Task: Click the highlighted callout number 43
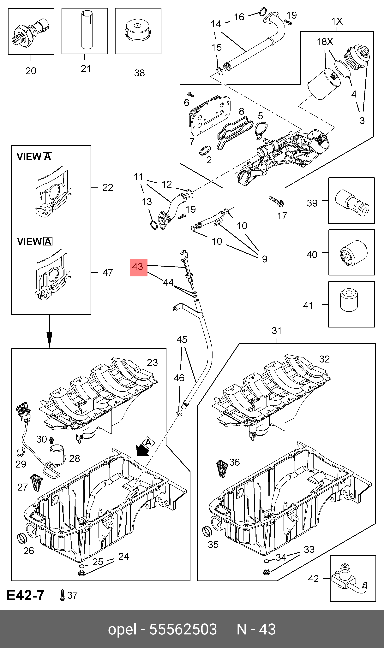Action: pos(138,267)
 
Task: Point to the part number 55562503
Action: pos(183,629)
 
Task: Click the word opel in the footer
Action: pos(122,629)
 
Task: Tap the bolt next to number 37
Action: pos(62,595)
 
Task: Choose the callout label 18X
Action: pos(325,42)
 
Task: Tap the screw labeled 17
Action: pos(276,201)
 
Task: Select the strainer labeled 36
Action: pos(222,468)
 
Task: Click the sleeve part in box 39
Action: pos(352,203)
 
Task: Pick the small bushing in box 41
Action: pos(349,300)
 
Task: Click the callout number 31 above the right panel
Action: pos(276,331)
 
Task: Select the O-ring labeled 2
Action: pos(205,150)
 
